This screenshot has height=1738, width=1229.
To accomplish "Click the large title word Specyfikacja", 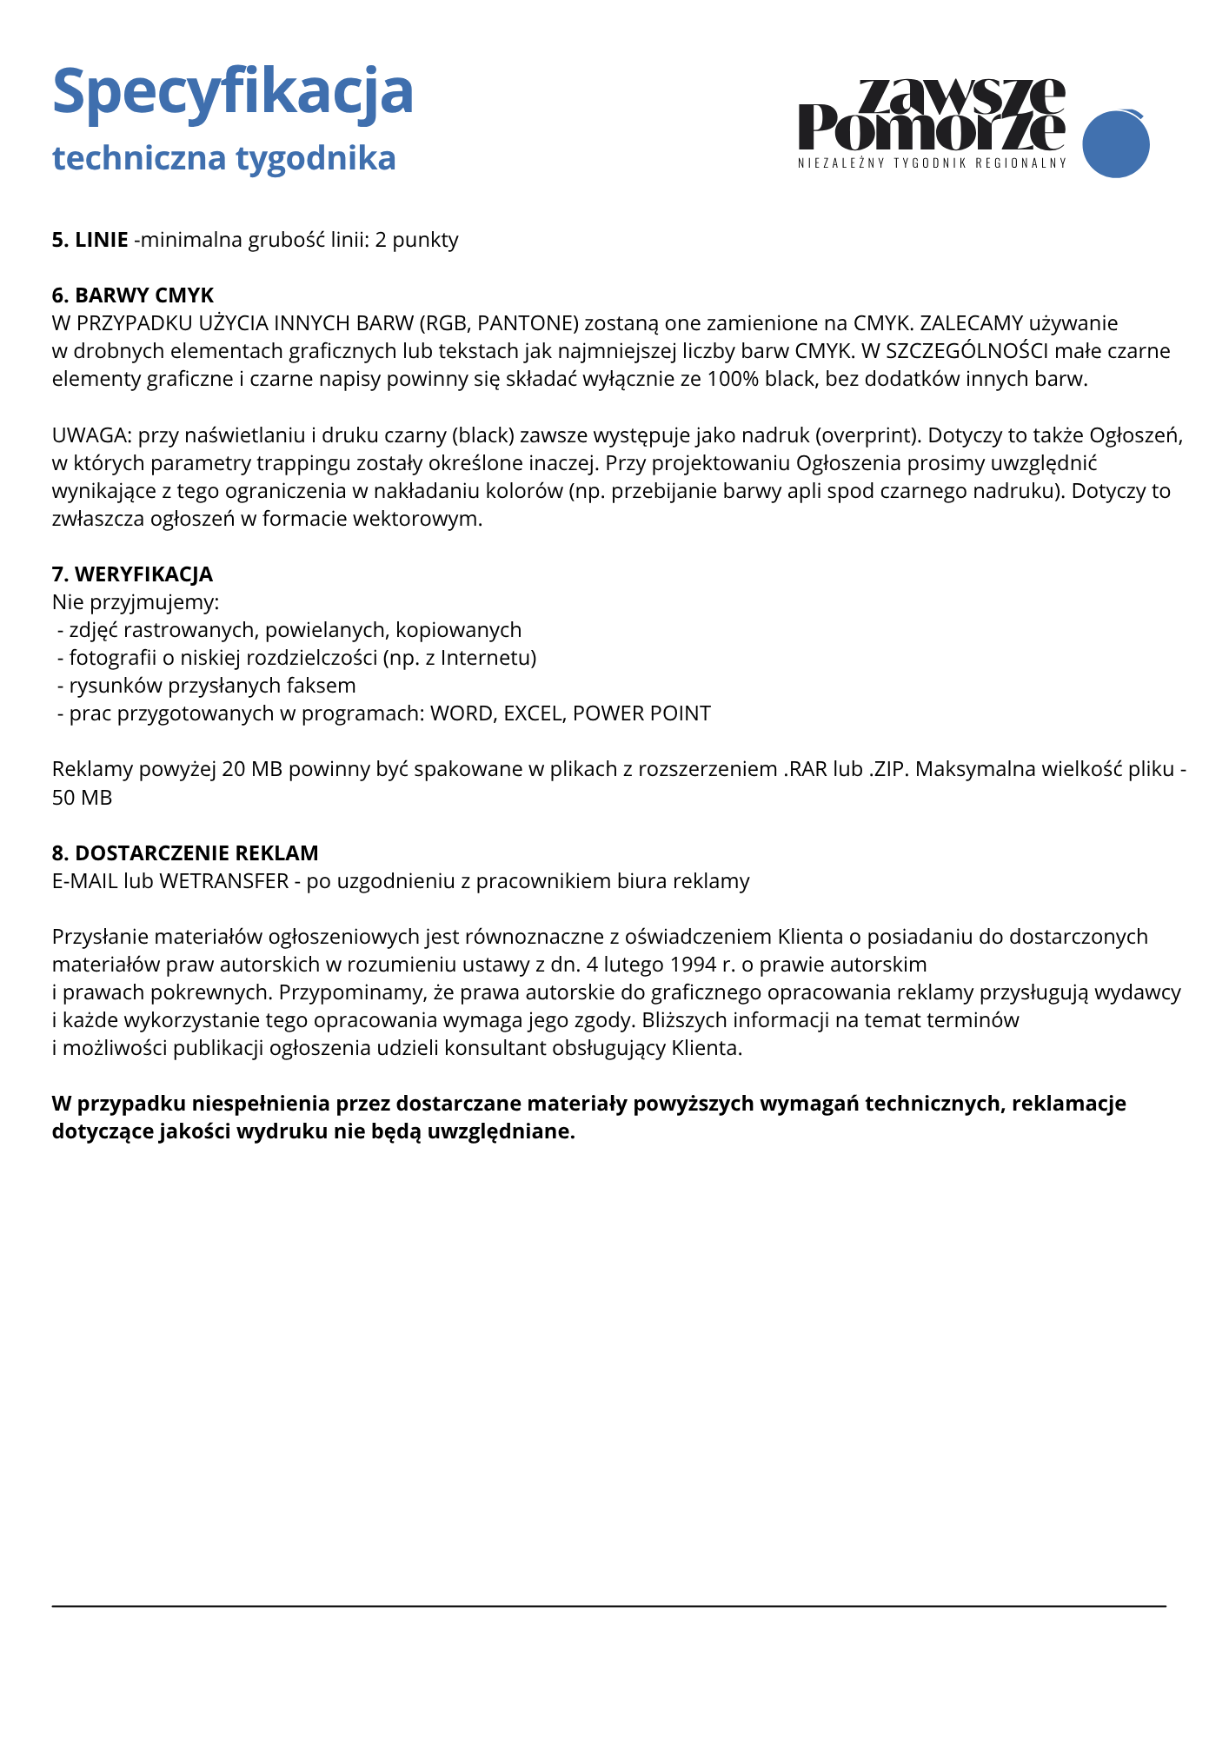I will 232,92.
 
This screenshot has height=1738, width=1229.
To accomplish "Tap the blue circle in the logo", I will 1115,144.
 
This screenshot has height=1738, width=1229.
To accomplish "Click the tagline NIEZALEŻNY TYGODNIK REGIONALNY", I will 932,163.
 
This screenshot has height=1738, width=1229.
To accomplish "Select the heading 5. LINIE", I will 90,240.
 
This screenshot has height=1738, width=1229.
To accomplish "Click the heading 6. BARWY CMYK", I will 133,295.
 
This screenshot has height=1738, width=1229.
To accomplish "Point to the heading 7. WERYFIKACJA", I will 132,574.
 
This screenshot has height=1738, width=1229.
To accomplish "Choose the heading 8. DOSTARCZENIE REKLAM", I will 185,852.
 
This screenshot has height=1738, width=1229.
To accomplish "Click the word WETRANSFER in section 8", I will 223,881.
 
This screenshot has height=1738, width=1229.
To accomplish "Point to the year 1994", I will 693,965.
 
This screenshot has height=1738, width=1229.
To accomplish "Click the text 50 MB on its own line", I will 82,798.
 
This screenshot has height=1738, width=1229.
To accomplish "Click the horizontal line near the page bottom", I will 608,1607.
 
